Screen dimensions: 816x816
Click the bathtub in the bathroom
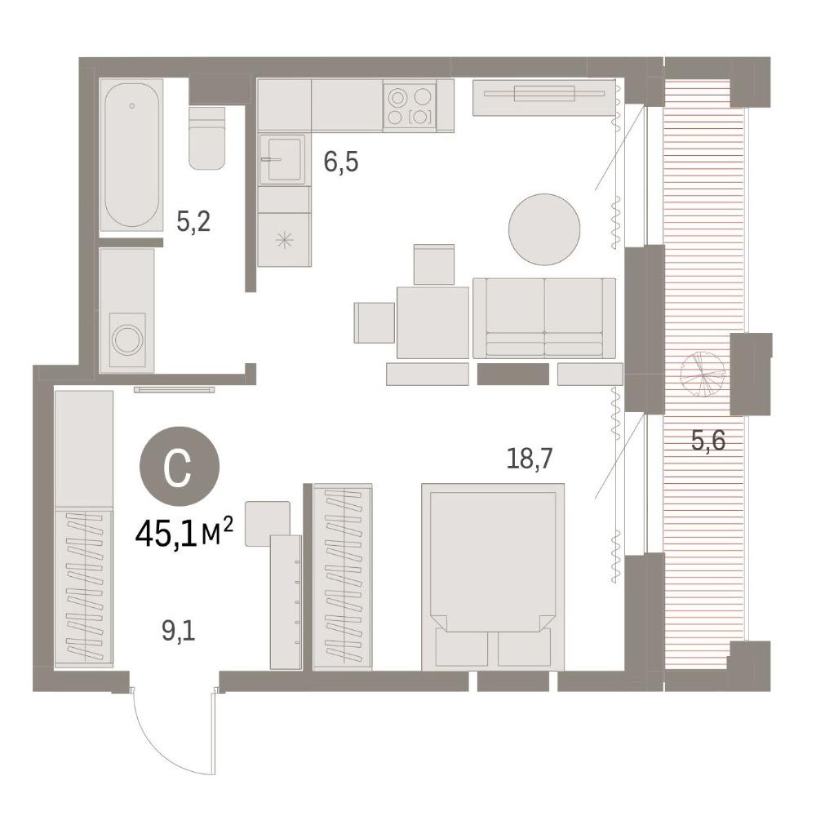click(131, 154)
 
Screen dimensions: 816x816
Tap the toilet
click(206, 138)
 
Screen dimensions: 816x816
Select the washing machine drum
click(127, 340)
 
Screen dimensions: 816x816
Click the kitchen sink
click(282, 159)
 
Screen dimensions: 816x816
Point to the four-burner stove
click(410, 106)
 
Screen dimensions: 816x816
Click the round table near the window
click(543, 229)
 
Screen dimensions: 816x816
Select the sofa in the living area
click(544, 318)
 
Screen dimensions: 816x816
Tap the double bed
click(493, 577)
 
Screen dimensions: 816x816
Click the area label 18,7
click(530, 459)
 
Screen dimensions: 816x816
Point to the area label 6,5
click(341, 162)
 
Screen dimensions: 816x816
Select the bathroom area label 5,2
click(193, 223)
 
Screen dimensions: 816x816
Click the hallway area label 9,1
click(178, 632)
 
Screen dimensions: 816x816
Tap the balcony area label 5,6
click(707, 441)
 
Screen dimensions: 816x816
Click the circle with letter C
click(179, 466)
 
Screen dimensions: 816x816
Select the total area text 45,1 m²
click(183, 535)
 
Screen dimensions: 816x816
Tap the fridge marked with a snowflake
click(284, 239)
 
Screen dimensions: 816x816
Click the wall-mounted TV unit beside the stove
click(543, 97)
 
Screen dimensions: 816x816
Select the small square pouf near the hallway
click(268, 524)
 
